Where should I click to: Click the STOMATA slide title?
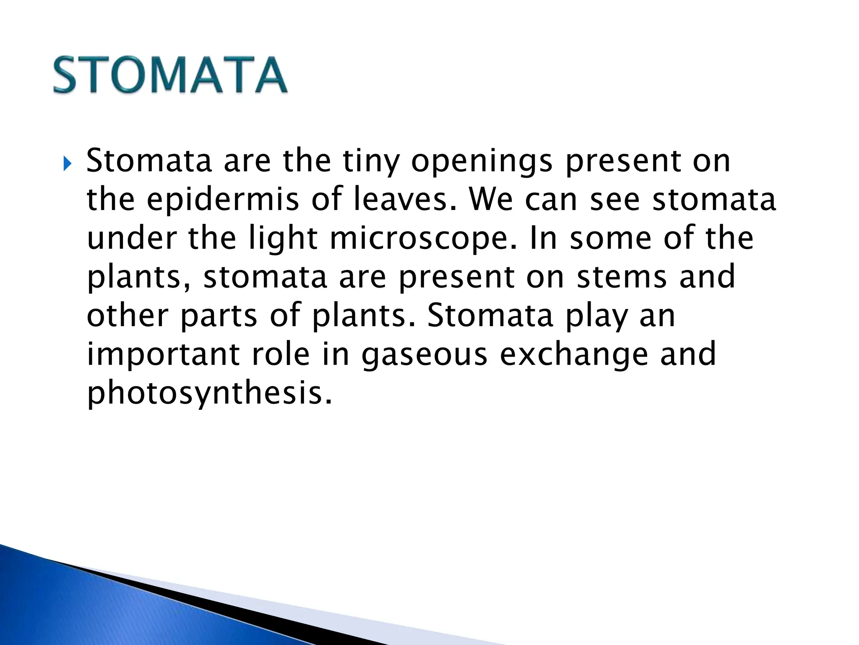click(x=170, y=76)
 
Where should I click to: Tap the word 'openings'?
click(x=482, y=162)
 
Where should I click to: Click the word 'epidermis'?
click(x=223, y=200)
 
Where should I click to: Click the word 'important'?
click(x=163, y=355)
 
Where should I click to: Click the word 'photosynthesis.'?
click(x=209, y=393)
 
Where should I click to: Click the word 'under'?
click(x=131, y=239)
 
